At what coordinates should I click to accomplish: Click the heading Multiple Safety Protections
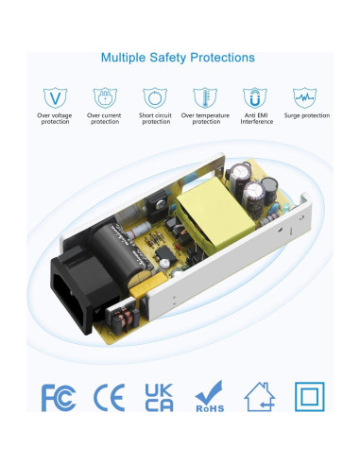178,58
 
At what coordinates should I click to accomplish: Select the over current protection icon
104,96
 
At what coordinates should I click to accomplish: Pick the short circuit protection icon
154,96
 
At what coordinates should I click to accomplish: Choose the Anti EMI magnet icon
253,96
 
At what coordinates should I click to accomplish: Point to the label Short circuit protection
154,119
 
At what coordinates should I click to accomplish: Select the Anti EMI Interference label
253,119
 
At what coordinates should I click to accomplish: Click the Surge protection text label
305,115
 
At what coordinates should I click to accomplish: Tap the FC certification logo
58,397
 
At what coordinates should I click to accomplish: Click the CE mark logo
109,397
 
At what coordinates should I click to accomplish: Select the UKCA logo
158,397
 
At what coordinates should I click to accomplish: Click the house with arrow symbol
259,397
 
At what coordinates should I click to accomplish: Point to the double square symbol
309,397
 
